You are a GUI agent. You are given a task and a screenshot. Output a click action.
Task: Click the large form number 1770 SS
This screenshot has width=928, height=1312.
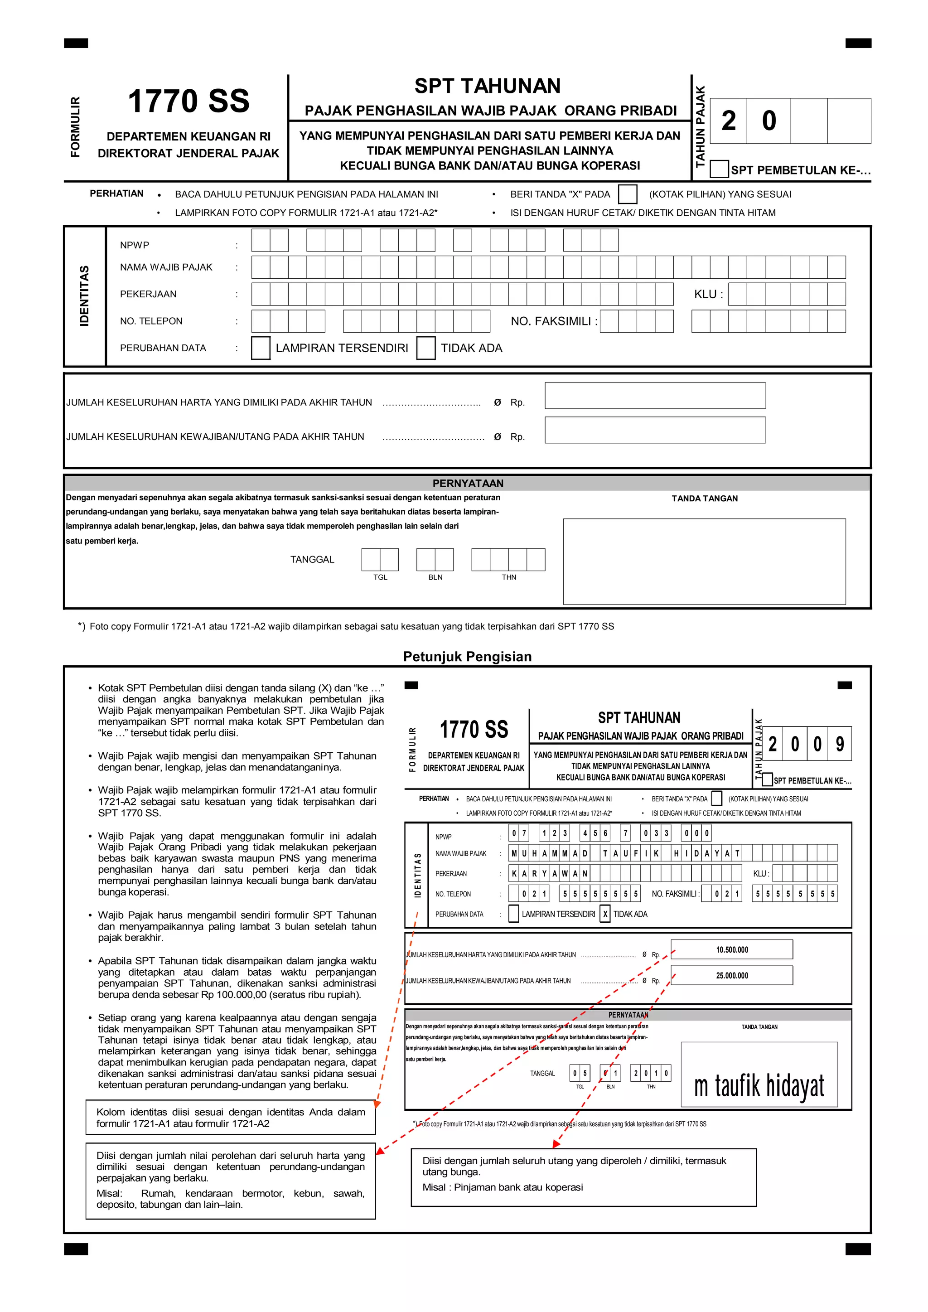click(x=188, y=101)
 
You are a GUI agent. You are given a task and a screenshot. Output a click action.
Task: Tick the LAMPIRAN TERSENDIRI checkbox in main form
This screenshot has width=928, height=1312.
click(x=261, y=348)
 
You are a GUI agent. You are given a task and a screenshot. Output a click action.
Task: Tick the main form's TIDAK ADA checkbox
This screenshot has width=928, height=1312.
click(x=426, y=348)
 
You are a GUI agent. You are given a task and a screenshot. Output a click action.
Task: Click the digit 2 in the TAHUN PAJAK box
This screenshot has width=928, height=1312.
click(x=729, y=121)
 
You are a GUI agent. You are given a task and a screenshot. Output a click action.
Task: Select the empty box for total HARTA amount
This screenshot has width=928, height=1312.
click(x=654, y=396)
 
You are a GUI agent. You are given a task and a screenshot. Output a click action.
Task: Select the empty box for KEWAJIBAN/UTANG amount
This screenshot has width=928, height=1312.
click(x=654, y=430)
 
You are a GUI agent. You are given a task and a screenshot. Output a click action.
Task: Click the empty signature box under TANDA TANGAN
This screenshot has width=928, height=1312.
click(x=704, y=561)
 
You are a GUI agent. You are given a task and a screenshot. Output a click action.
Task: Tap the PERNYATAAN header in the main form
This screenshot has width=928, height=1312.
click(x=468, y=484)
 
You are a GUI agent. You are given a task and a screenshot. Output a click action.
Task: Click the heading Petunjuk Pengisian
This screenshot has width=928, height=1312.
click(x=468, y=657)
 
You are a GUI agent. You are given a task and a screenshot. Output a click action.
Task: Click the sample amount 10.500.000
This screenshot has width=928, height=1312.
click(x=731, y=950)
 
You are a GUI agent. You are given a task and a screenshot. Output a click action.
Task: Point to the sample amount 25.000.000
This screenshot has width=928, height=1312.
click(x=731, y=975)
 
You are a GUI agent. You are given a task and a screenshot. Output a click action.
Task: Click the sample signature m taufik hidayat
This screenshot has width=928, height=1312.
click(x=759, y=1086)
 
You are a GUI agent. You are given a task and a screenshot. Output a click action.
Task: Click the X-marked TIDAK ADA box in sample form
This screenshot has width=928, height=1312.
click(x=605, y=914)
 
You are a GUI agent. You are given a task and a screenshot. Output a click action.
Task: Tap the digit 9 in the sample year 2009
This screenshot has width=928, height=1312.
click(x=840, y=744)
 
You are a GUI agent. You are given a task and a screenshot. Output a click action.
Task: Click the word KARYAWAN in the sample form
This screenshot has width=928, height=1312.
click(x=549, y=874)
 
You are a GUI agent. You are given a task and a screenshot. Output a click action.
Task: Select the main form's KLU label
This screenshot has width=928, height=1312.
click(x=708, y=294)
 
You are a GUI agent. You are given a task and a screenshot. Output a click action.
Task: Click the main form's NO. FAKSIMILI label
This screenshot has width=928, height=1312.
click(x=553, y=321)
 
